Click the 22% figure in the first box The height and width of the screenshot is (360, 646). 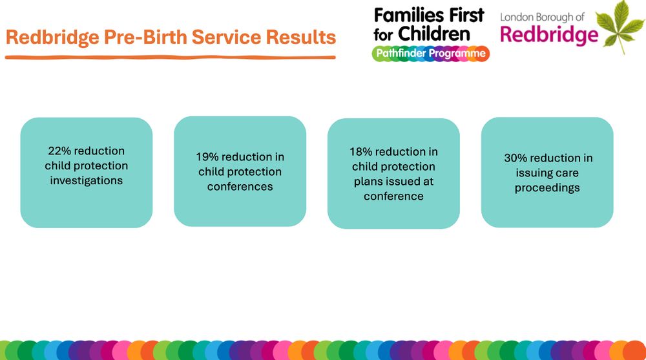click(x=59, y=151)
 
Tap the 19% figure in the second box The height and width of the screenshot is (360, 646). click(x=208, y=157)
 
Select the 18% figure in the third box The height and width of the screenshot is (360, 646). click(x=362, y=152)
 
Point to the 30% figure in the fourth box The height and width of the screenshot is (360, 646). click(x=516, y=158)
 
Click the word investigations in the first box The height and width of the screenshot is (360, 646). click(x=87, y=181)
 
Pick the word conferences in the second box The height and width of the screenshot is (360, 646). click(x=240, y=187)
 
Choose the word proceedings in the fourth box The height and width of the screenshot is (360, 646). click(x=547, y=188)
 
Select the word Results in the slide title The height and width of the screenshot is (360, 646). click(x=301, y=37)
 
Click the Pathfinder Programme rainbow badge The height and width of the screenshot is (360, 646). click(x=430, y=54)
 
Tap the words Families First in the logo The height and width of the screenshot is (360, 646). click(x=429, y=14)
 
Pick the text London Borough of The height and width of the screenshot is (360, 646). click(x=542, y=17)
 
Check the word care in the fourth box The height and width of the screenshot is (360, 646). click(x=567, y=173)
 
